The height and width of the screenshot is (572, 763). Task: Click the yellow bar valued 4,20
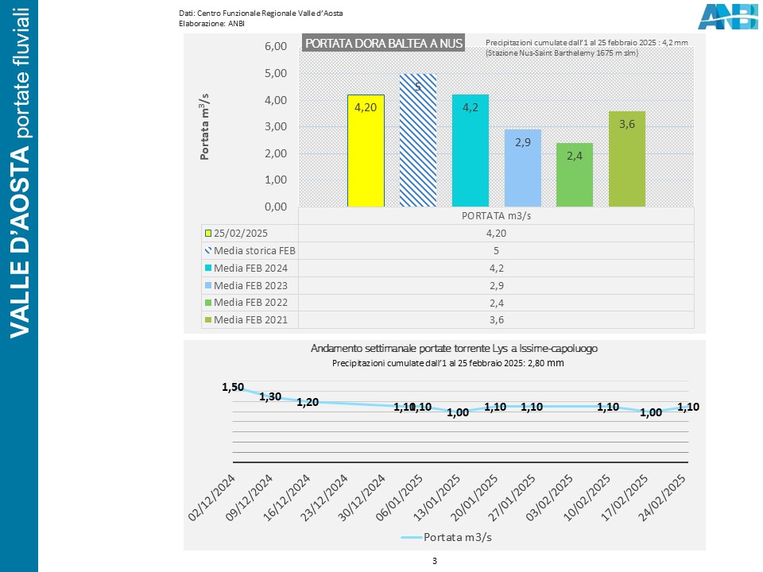coord(366,150)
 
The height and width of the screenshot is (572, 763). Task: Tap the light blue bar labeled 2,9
coord(522,168)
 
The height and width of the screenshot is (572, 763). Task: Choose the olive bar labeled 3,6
coord(626,159)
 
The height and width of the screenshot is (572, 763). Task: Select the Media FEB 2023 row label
coord(250,285)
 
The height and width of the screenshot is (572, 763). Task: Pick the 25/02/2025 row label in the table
coord(239,233)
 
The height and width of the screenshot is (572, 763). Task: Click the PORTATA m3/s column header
coord(496,215)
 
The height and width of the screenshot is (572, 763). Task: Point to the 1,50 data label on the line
coord(233,387)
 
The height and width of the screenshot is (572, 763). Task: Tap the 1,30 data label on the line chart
coord(270,396)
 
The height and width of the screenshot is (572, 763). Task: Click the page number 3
coord(435,561)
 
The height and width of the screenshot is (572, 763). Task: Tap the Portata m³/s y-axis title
coord(205,127)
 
